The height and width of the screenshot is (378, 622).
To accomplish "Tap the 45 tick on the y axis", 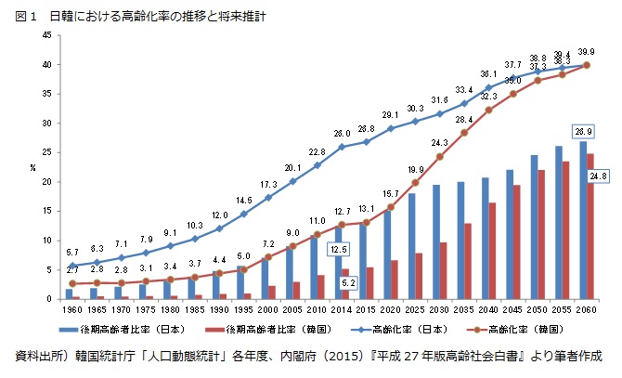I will pyautogui.click(x=46, y=35).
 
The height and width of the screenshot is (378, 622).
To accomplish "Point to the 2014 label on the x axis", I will pyautogui.click(x=343, y=309).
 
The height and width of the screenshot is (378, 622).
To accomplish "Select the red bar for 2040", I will pyautogui.click(x=492, y=251).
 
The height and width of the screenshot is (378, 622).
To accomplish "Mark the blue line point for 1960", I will pyautogui.click(x=72, y=266).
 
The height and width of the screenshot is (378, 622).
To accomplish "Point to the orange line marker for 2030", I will pyautogui.click(x=441, y=156).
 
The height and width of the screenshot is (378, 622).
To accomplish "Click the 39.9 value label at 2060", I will pyautogui.click(x=588, y=52).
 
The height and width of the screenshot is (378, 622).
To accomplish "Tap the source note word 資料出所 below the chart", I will pyautogui.click(x=39, y=356).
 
